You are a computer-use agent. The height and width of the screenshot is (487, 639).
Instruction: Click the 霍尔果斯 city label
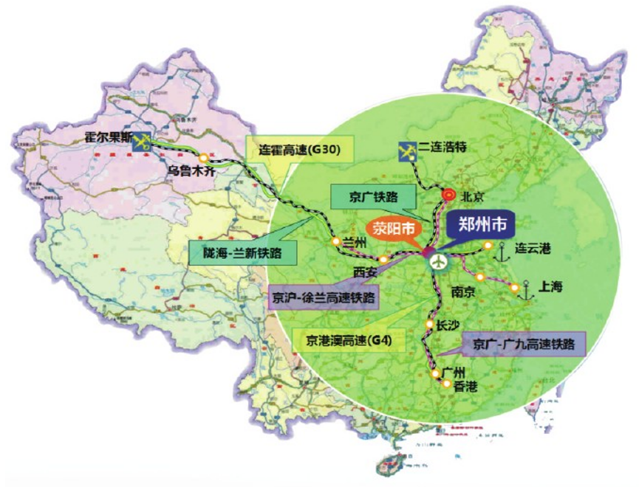(x=108, y=137)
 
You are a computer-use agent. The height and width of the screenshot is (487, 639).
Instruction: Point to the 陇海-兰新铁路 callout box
(x=241, y=252)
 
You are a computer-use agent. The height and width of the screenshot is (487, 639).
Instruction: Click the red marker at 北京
(x=448, y=196)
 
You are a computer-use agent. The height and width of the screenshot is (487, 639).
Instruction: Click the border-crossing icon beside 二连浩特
(x=407, y=150)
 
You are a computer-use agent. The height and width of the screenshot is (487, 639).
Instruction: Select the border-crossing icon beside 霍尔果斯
(x=144, y=140)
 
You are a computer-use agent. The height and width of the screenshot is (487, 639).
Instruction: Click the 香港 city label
(x=465, y=386)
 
